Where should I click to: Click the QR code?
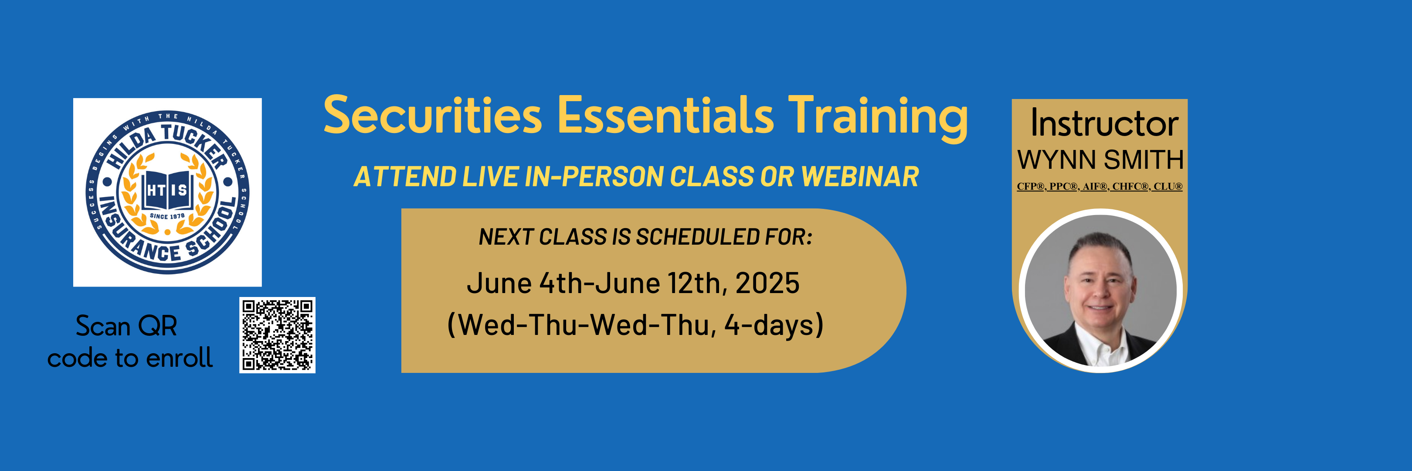coord(277,335)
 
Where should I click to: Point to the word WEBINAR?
coord(860,177)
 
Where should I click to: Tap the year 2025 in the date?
coord(767,283)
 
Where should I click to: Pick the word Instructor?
coord(1104,123)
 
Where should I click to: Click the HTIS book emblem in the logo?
coord(168,190)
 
